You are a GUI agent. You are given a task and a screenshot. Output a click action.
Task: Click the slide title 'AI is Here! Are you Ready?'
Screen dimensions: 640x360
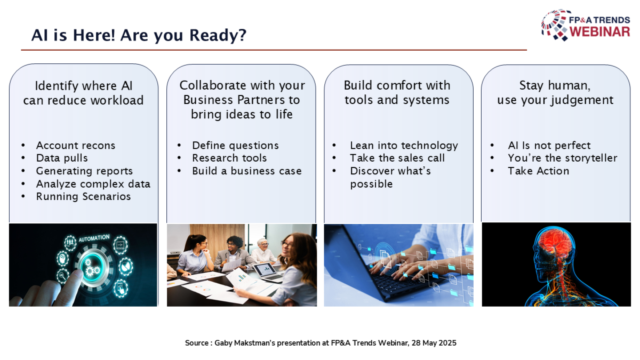click(139, 35)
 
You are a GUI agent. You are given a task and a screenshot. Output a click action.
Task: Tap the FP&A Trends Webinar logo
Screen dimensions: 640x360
click(586, 25)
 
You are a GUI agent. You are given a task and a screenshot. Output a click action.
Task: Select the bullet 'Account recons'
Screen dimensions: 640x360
click(76, 146)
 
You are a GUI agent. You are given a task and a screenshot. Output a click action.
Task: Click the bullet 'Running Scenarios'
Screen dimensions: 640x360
click(83, 197)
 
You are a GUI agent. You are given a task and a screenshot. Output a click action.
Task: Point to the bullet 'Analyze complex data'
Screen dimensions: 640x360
click(93, 184)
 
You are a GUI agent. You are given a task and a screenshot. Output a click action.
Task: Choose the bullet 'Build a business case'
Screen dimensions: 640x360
click(247, 171)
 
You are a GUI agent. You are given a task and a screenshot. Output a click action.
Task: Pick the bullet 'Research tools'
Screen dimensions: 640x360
click(229, 158)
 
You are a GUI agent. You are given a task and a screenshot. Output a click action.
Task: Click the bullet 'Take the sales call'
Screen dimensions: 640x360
click(397, 158)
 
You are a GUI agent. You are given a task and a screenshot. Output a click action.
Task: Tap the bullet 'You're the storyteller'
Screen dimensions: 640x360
click(563, 158)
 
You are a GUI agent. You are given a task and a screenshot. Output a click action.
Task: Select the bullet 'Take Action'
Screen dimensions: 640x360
click(539, 171)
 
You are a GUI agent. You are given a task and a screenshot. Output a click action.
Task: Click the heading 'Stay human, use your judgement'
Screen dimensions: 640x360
click(555, 93)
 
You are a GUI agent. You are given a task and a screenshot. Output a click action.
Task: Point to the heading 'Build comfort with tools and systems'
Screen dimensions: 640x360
click(397, 93)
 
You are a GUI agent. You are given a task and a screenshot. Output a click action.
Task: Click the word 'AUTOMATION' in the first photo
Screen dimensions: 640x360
click(94, 238)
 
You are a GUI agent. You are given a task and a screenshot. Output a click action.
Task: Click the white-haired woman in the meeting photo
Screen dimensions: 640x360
click(263, 251)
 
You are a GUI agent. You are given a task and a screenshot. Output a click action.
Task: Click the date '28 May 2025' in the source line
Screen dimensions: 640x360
click(434, 343)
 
